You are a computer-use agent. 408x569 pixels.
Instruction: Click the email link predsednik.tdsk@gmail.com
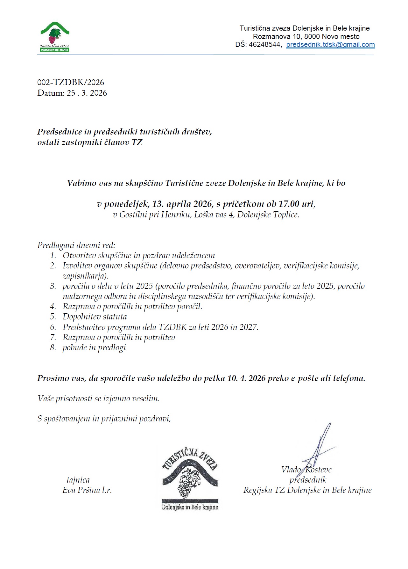click(330, 45)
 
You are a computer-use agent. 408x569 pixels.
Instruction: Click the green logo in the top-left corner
click(55, 37)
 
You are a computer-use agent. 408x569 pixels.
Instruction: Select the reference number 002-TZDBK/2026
click(71, 83)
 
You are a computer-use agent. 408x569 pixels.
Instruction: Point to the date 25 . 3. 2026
click(87, 93)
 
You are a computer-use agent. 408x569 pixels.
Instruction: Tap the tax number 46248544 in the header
click(264, 45)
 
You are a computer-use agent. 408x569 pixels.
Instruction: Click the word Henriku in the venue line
click(176, 215)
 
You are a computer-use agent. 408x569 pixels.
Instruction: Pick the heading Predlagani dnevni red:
click(76, 245)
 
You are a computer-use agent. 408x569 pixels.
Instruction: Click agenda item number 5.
click(53, 317)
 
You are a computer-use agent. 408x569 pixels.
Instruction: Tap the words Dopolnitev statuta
click(95, 317)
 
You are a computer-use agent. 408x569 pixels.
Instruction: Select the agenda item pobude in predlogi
click(94, 347)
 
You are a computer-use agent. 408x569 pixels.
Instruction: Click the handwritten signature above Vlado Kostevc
click(320, 446)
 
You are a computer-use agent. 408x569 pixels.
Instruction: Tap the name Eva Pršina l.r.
click(87, 490)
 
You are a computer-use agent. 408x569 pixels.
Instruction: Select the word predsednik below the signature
click(308, 480)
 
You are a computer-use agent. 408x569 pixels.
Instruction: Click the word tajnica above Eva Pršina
click(78, 480)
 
